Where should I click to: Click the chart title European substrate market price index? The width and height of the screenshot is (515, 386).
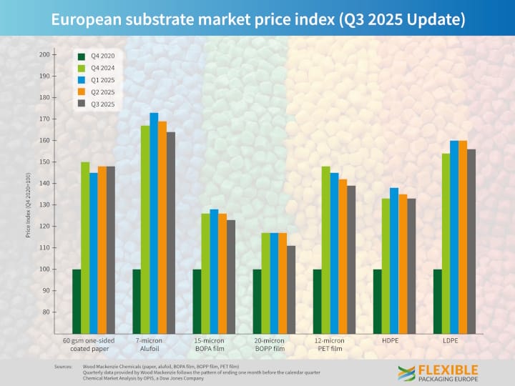tap(257, 19)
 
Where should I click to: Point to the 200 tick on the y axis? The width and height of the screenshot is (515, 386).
tap(44, 54)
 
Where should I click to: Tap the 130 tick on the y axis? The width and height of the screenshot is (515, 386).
tap(44, 205)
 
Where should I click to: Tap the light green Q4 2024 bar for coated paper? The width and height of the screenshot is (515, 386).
tap(85, 247)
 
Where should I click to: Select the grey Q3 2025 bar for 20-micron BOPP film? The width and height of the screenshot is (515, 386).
tap(290, 289)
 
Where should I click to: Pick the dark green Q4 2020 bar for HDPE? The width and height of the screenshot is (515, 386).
tap(377, 301)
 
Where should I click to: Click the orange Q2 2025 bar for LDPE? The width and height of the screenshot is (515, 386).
tap(463, 237)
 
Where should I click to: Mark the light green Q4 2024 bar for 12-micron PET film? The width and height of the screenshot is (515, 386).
tap(325, 249)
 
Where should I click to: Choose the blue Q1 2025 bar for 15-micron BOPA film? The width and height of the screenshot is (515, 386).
tap(214, 271)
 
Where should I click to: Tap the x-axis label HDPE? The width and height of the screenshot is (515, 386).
tap(390, 341)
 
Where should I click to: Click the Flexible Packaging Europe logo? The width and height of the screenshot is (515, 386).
tap(438, 372)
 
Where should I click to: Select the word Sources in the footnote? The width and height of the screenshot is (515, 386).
tap(64, 367)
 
